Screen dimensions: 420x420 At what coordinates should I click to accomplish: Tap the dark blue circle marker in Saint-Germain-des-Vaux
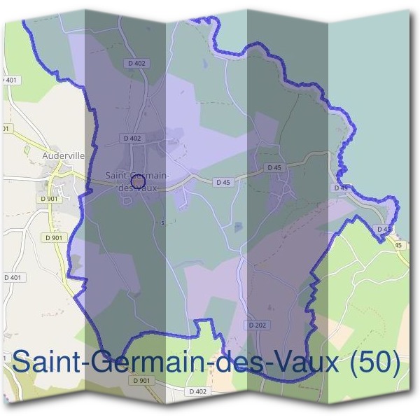coord(138,181)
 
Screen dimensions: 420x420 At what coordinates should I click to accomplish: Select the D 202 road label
coord(256,325)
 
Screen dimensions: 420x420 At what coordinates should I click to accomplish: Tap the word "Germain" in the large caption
coord(157,363)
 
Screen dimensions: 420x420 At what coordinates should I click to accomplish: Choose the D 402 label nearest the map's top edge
coord(137,64)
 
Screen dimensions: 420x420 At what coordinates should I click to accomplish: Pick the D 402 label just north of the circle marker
coord(132,138)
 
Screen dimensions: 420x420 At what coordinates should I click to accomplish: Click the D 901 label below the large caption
coord(141,380)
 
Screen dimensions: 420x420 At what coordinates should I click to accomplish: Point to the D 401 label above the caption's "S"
coord(13,278)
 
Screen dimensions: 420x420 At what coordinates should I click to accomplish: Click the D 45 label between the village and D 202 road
coord(223,182)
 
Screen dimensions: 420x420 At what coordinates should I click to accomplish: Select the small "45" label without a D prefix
coord(398,245)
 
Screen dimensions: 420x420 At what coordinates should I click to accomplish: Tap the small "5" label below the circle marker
coord(162,224)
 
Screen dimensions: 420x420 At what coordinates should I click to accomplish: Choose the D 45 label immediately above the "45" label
coord(384,229)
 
